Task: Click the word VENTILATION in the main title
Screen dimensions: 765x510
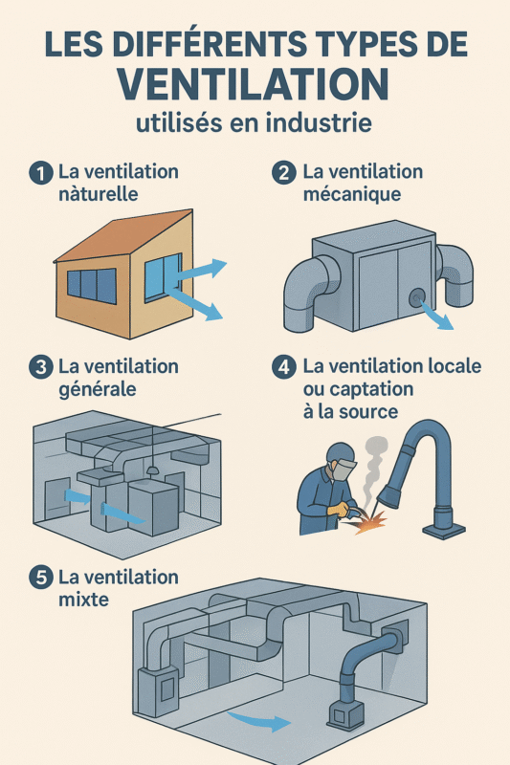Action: coord(255,82)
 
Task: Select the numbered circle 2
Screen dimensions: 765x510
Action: coord(283,173)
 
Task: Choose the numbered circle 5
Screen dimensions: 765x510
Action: coord(40,579)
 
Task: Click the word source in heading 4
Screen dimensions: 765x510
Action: coord(372,410)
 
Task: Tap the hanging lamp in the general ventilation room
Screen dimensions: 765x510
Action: coord(151,472)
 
